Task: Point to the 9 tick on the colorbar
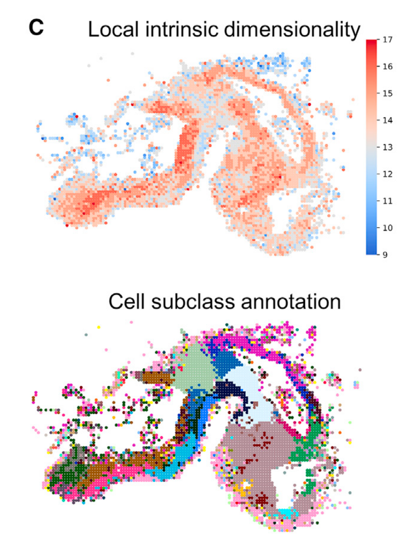(385, 255)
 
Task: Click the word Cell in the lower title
(127, 301)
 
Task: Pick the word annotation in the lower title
(291, 301)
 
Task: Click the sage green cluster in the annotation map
(195, 369)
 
